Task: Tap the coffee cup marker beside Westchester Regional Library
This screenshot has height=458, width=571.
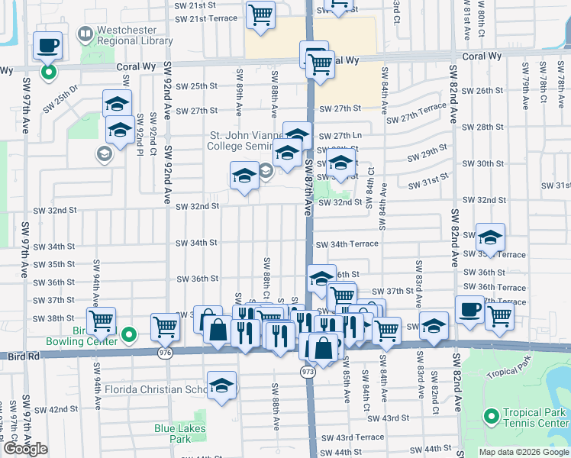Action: (47, 45)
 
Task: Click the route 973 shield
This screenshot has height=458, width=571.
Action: (308, 371)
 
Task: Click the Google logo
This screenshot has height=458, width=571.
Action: (26, 449)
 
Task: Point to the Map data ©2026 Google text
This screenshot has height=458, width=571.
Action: (523, 452)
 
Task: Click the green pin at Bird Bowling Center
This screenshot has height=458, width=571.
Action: (129, 334)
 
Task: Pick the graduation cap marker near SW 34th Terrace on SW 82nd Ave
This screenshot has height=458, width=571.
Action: (490, 237)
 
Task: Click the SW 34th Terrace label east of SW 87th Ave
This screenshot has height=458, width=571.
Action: (347, 244)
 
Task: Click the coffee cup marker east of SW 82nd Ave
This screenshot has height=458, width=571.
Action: (469, 310)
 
